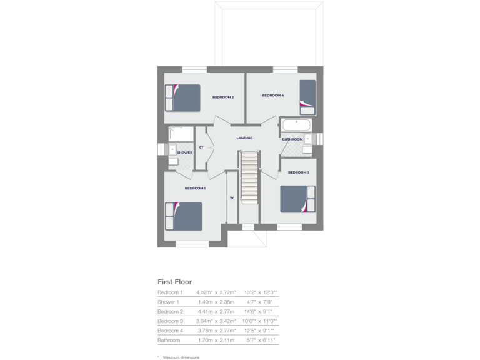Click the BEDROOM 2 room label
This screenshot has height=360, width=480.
coord(222,97)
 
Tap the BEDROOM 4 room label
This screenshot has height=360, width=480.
coord(272,95)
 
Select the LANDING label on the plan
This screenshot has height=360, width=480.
coord(244,138)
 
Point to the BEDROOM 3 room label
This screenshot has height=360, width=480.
coord(299,172)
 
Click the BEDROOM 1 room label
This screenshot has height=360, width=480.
coord(195,188)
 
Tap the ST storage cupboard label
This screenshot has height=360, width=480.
coord(201,147)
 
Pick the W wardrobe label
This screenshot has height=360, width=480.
coord(231,198)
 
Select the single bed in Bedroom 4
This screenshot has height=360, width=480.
coord(307,96)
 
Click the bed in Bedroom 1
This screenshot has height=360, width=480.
coord(184,216)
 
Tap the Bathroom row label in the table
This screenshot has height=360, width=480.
coord(169,340)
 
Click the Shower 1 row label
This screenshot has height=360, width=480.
coord(169,302)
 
